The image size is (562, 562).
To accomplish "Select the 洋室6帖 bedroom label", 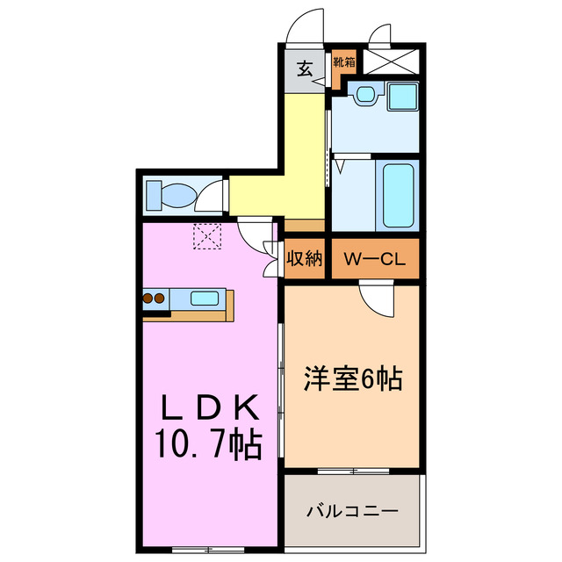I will [x=353, y=378].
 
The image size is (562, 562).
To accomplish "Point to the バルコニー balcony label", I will [x=353, y=510].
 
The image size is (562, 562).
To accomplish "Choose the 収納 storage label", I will [x=305, y=260].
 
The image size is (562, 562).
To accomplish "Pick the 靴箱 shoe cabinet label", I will [x=344, y=62].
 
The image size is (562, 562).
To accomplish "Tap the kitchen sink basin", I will [x=205, y=299].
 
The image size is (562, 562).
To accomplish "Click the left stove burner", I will [x=148, y=299].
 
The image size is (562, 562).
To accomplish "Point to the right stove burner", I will [x=161, y=299].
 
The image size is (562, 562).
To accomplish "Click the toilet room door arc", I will [x=211, y=198].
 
